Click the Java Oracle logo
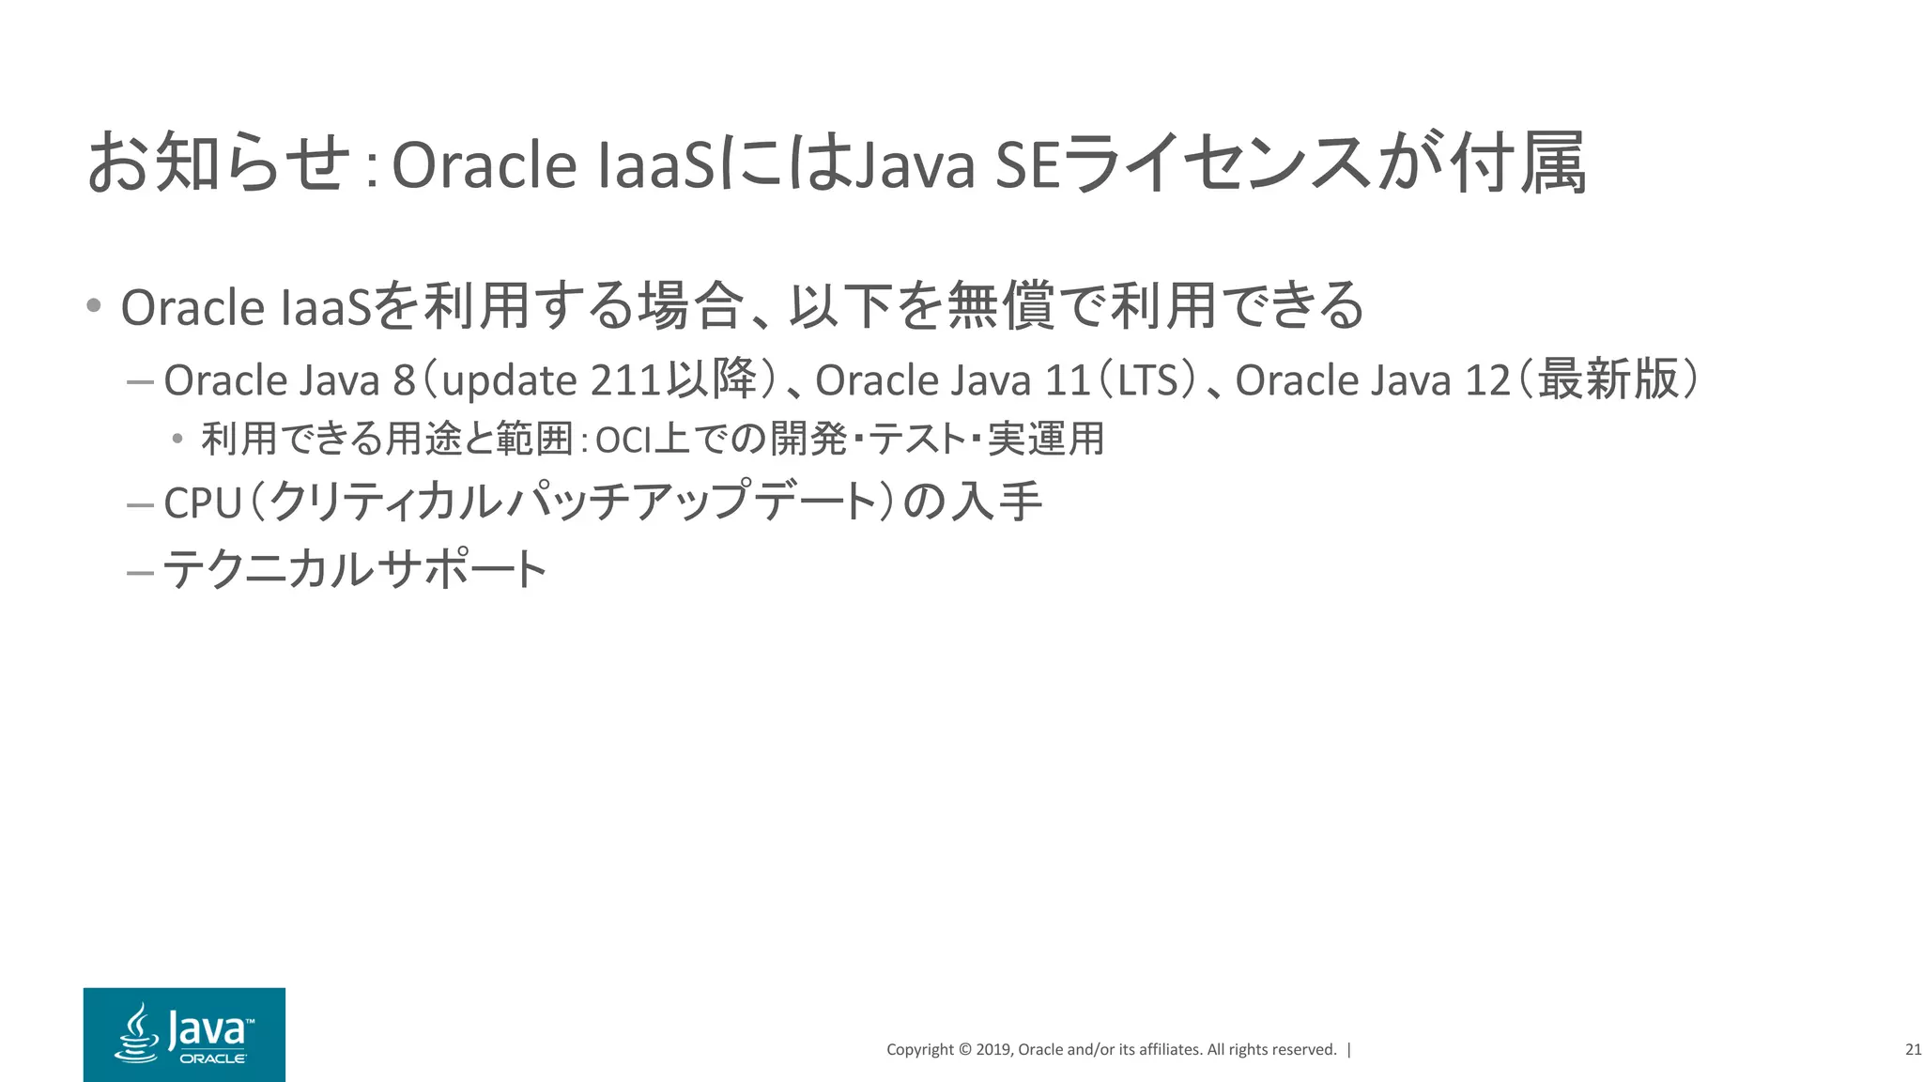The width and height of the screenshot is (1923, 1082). coord(184,1034)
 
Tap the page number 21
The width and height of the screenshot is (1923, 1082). coord(1913,1050)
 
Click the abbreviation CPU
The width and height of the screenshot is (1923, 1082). coord(203,503)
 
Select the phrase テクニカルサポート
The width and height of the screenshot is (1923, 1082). coord(355,569)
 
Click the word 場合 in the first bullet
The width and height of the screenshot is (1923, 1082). coord(690,306)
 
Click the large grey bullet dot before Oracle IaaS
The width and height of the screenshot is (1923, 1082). coord(93,305)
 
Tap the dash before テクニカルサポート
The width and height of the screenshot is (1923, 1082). coord(139,571)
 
